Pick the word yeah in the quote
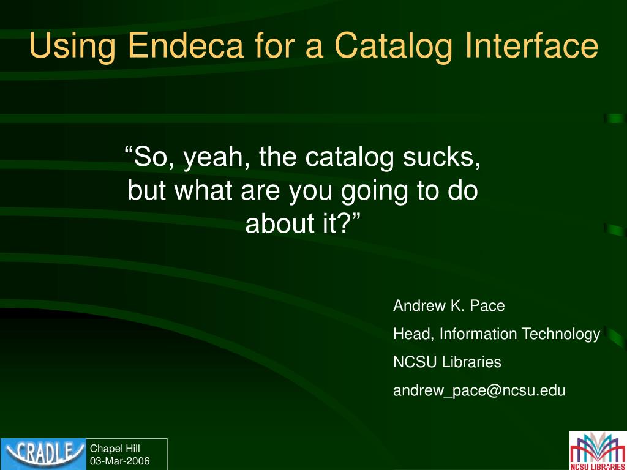[x=213, y=158]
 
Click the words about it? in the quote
[x=302, y=225]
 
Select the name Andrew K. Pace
[x=449, y=306]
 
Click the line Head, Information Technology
[x=496, y=334]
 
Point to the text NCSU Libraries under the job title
[x=447, y=362]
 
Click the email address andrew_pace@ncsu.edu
[x=479, y=390]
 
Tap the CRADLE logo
[x=43, y=453]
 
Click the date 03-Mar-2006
[x=120, y=461]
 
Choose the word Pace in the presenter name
[x=488, y=306]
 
